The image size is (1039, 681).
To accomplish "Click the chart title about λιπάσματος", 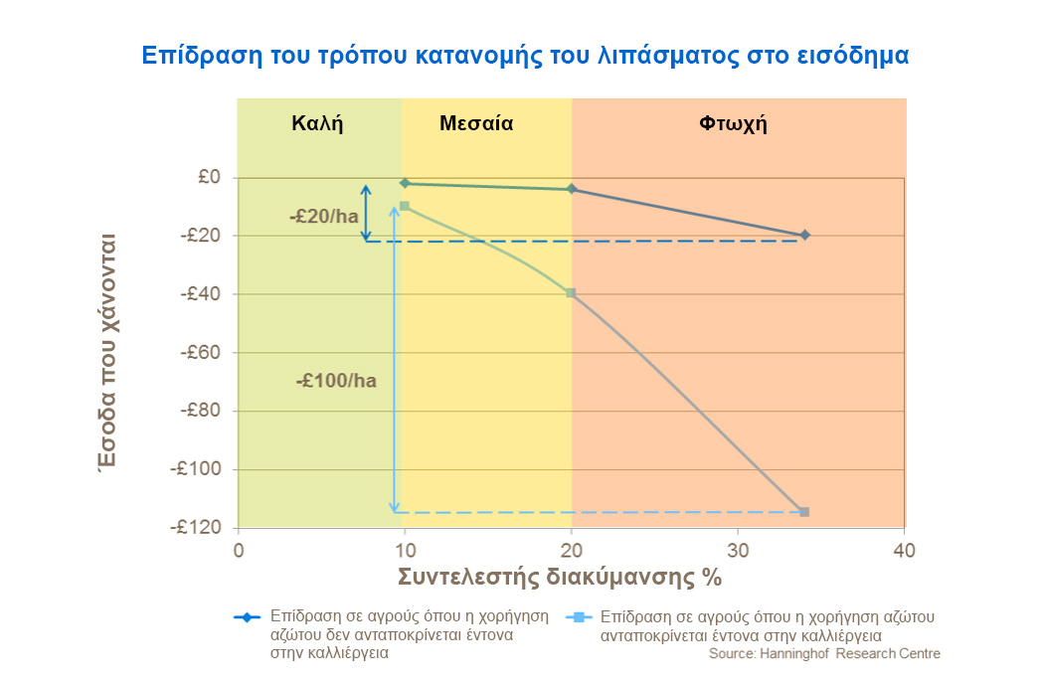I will (525, 55).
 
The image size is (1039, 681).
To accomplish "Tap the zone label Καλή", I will (317, 124).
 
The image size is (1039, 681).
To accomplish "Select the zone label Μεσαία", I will (476, 124).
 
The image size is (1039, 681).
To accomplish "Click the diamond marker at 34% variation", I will (804, 235).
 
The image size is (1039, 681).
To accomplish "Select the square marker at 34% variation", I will (804, 512).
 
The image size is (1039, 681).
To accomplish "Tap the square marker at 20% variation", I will (571, 293).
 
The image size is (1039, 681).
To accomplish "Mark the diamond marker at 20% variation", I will (571, 189).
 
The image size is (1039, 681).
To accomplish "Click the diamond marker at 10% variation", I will (405, 183).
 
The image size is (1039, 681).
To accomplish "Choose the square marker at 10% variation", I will (405, 206).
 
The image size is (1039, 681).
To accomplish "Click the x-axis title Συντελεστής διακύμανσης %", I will (559, 578).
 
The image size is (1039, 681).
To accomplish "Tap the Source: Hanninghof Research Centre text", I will (823, 653).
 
